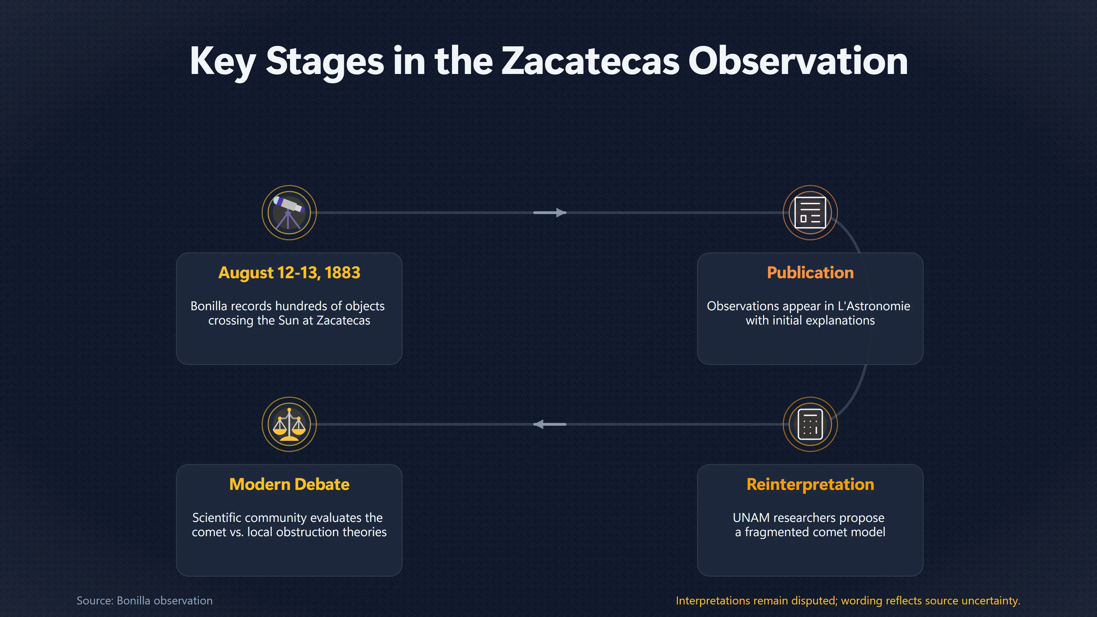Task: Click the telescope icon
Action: pyautogui.click(x=289, y=213)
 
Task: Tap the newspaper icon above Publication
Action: pyautogui.click(x=810, y=213)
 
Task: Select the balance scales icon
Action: pyautogui.click(x=289, y=424)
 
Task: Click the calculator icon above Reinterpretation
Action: pyautogui.click(x=810, y=424)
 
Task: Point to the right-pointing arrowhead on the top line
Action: pyautogui.click(x=561, y=213)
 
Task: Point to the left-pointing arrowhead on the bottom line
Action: pyautogui.click(x=539, y=424)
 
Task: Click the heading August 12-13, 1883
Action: pyautogui.click(x=289, y=273)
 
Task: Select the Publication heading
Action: pyautogui.click(x=810, y=273)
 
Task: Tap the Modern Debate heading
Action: pyautogui.click(x=289, y=484)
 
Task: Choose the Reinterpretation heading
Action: pyautogui.click(x=810, y=484)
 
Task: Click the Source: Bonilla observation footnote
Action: pyautogui.click(x=144, y=600)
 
